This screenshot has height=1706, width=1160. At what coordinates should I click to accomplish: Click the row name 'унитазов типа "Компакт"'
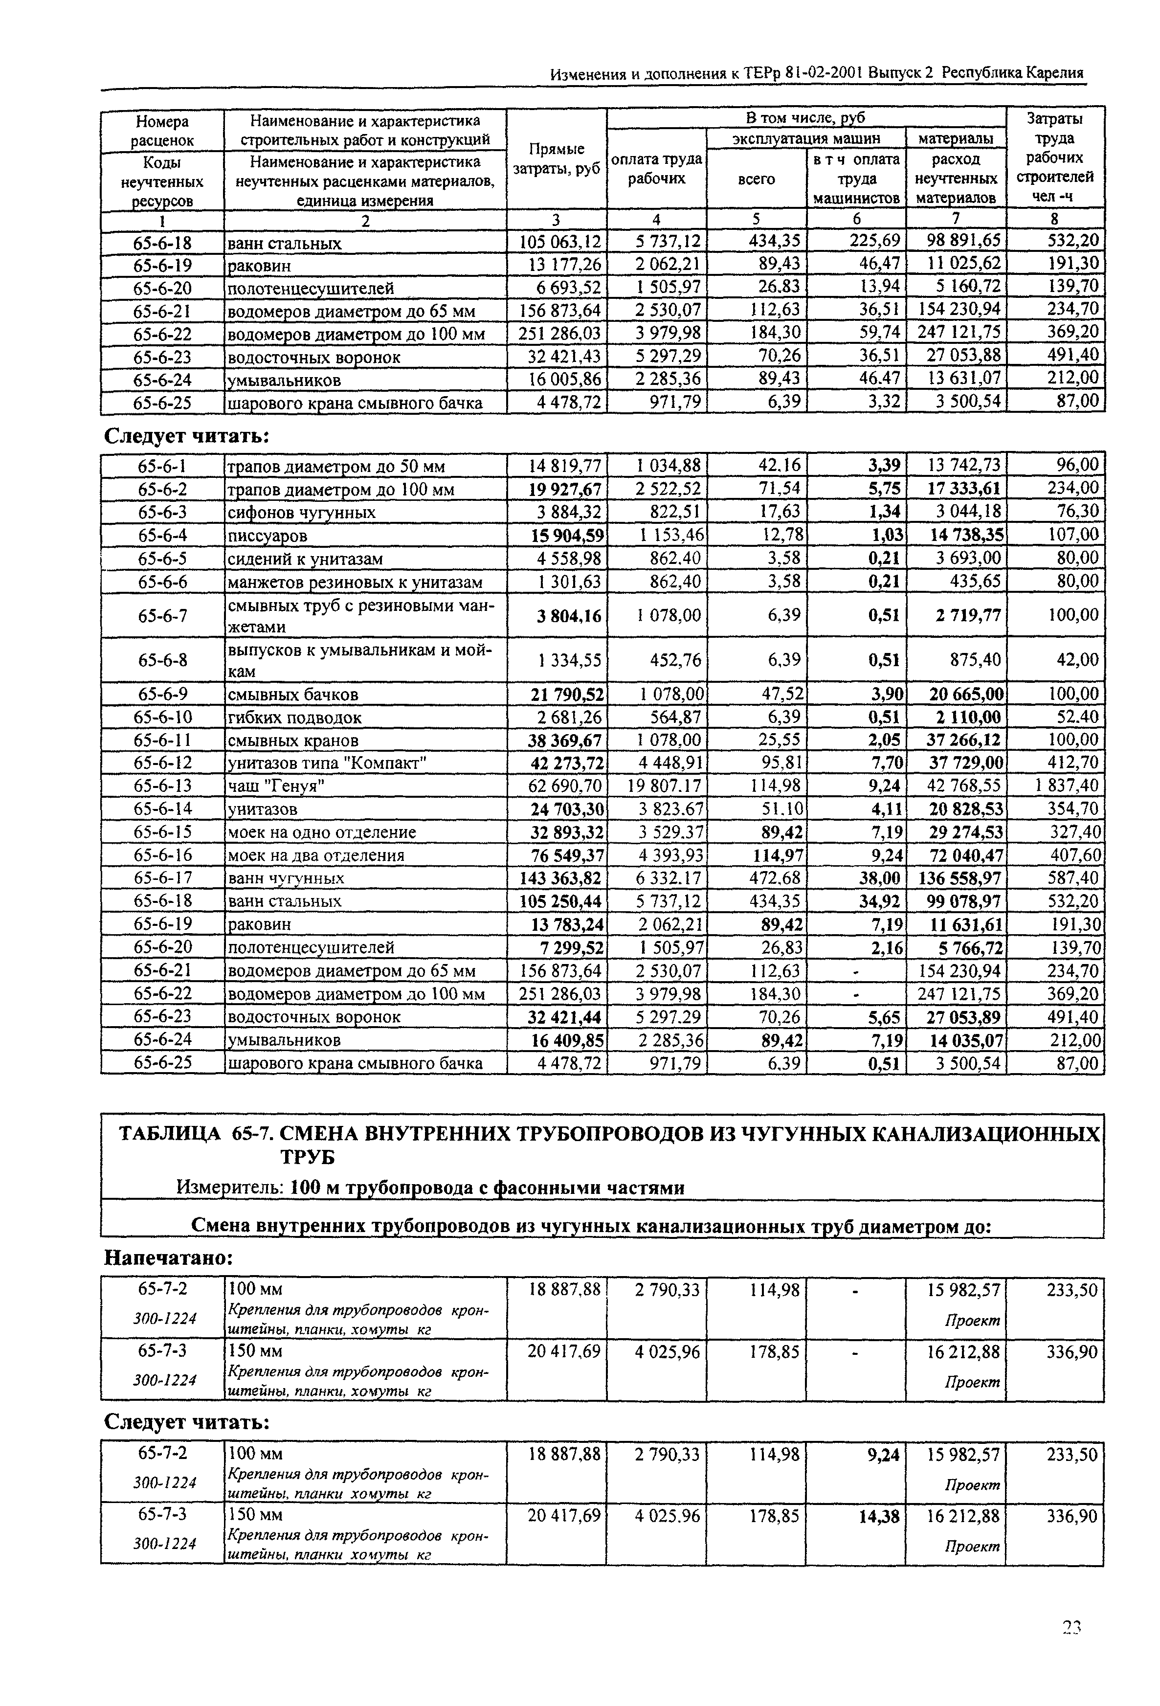[328, 763]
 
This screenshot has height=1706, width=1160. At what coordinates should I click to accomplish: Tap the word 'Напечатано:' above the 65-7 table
[168, 1258]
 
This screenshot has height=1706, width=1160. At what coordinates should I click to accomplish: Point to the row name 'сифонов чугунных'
[302, 513]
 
